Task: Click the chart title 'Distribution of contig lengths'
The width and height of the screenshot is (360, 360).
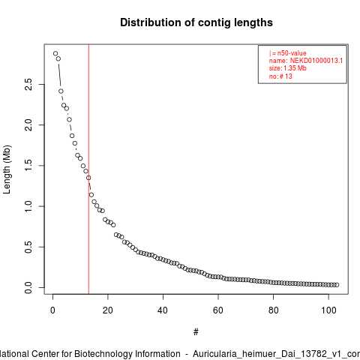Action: tap(196, 22)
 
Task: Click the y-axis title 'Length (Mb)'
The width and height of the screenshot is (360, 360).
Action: tap(7, 169)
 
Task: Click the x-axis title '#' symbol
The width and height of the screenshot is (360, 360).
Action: tap(196, 332)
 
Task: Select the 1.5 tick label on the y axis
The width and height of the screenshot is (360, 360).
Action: tap(28, 166)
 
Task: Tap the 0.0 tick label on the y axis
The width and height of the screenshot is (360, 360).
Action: tap(28, 287)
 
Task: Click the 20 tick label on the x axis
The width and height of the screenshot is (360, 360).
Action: tap(108, 310)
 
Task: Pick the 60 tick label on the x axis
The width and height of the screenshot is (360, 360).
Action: tap(218, 310)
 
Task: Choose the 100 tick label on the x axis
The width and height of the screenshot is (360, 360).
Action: tap(328, 310)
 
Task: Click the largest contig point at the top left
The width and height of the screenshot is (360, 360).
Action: tap(55, 53)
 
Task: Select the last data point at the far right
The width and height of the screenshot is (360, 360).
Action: tap(337, 285)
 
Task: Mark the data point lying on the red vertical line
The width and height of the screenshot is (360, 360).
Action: tap(88, 178)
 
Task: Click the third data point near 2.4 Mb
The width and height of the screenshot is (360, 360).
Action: tap(61, 91)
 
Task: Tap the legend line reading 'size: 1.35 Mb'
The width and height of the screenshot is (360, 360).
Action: tap(288, 68)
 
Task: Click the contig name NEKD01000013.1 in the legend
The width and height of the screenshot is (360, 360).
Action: tap(316, 61)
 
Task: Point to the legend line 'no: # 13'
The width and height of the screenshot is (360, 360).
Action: tap(280, 76)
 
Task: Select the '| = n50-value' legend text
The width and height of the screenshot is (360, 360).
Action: tap(288, 53)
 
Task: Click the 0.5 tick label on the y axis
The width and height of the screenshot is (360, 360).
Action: tap(28, 247)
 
